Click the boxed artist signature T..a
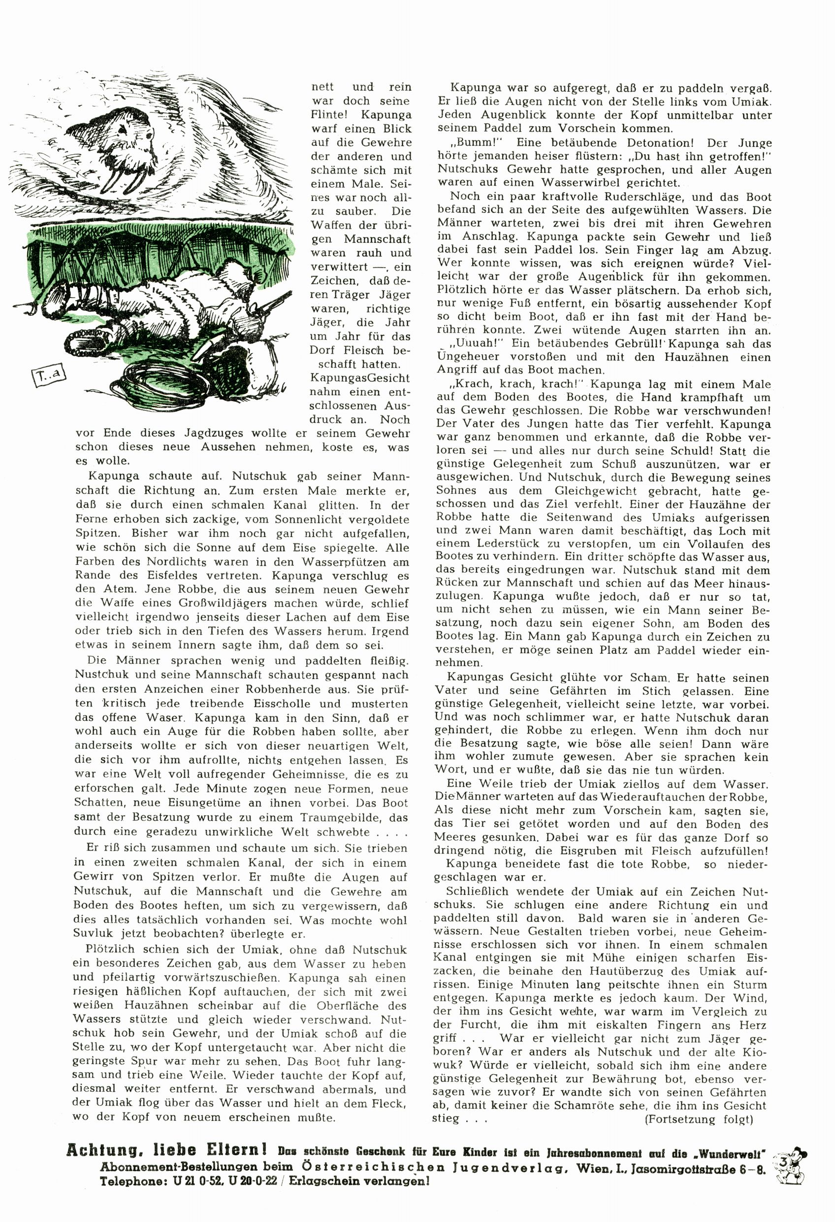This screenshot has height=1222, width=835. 48,375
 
